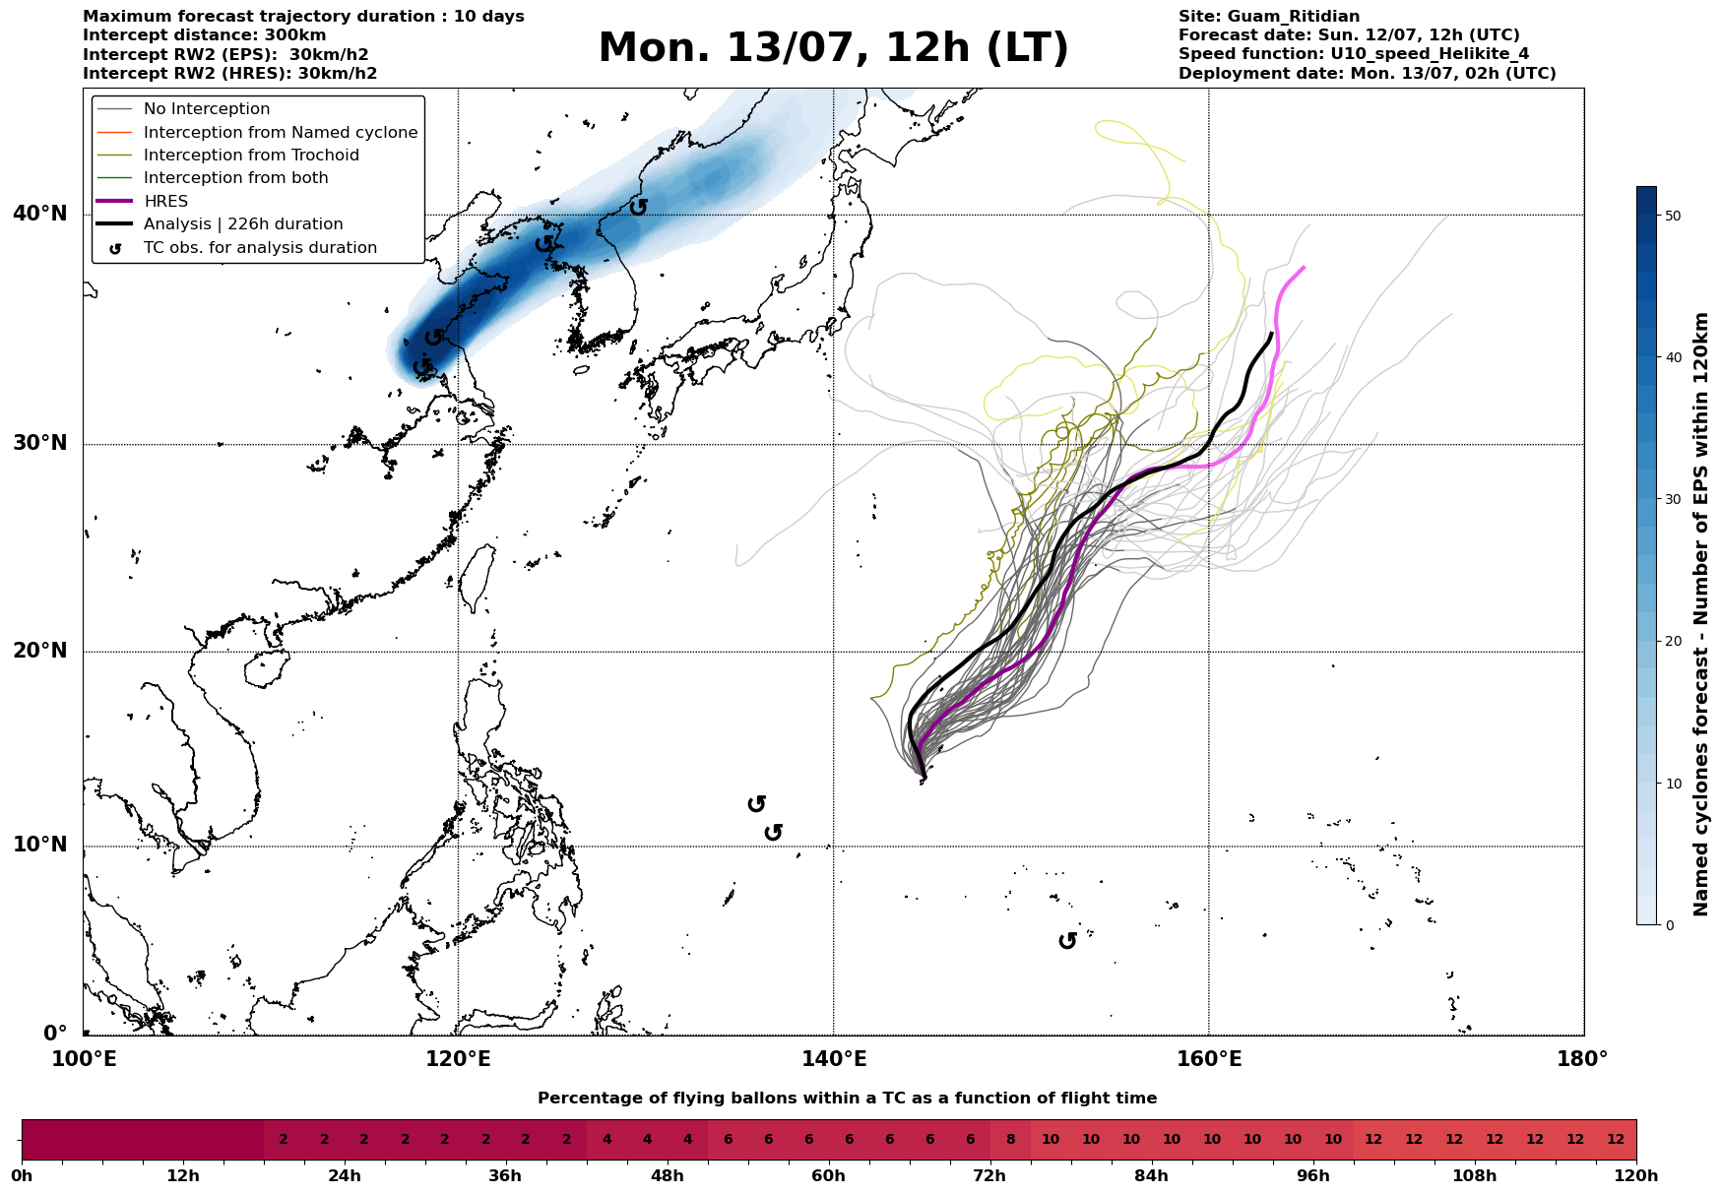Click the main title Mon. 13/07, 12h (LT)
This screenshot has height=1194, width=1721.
833,48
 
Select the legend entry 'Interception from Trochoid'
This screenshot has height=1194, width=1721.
251,156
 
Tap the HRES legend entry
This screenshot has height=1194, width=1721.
165,202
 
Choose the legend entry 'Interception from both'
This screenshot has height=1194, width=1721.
235,178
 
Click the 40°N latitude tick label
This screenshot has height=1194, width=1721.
40,214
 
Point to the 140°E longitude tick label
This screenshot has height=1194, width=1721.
833,1059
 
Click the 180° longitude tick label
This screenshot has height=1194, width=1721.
1583,1059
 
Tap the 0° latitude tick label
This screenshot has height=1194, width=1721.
55,1034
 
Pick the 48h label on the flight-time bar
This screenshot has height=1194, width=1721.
667,1176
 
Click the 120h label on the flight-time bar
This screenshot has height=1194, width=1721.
1636,1176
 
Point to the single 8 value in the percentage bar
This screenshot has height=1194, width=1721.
1010,1140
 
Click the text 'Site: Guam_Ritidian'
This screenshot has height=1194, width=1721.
1269,17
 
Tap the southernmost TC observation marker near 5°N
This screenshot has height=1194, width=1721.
1067,941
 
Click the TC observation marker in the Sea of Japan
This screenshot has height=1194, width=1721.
639,207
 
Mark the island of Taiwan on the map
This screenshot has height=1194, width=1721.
478,577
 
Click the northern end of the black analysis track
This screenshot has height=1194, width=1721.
1271,333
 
